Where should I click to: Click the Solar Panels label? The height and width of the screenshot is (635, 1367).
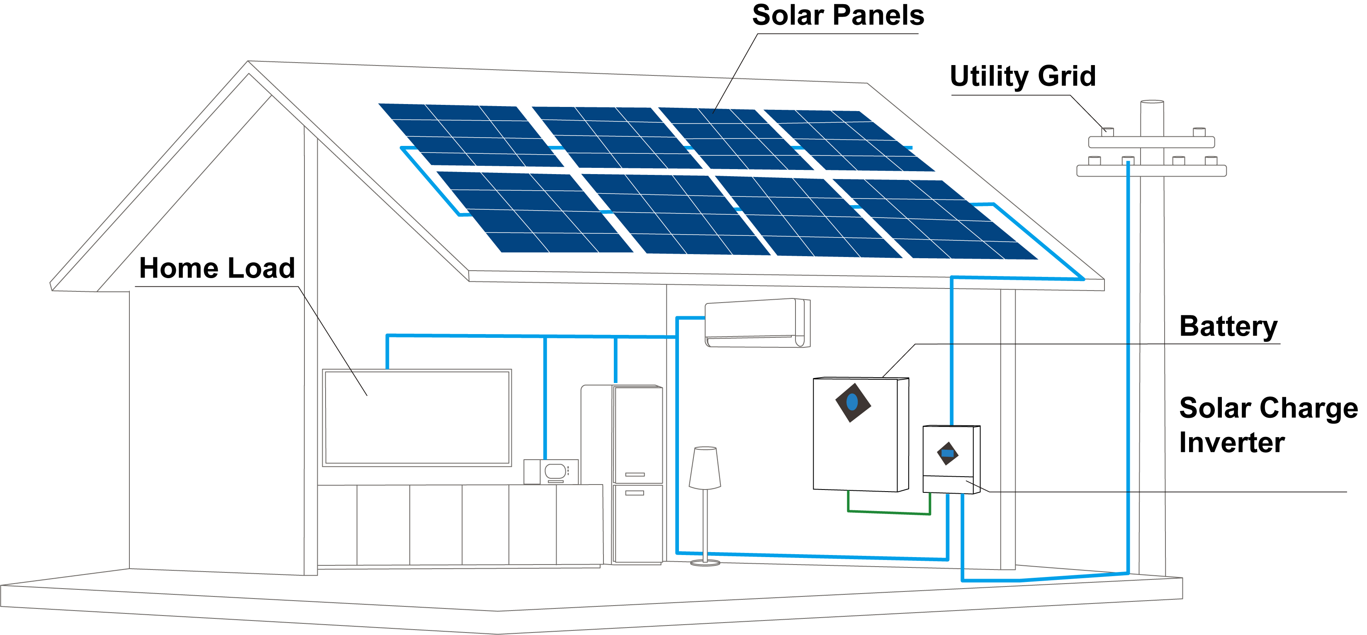point(837,16)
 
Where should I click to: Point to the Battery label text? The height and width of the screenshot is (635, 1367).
point(1228,326)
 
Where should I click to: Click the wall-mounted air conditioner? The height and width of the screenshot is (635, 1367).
point(757,323)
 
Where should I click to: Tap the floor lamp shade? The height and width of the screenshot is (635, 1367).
point(705,468)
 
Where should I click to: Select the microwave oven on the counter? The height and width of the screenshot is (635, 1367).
point(551,471)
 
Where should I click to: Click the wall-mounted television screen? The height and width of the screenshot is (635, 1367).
point(417,417)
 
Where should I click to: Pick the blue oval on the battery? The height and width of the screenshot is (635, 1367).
point(852,402)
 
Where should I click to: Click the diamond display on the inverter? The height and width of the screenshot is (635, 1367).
point(948,453)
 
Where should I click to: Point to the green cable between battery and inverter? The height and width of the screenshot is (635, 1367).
point(889,512)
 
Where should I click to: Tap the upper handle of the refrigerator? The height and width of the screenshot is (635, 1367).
point(635,474)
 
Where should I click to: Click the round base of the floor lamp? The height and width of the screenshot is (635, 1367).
point(705,563)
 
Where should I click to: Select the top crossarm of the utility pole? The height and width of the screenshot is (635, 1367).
point(1152,142)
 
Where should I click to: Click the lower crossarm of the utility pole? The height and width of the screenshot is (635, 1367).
point(1152,171)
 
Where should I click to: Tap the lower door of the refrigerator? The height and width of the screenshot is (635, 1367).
point(637,523)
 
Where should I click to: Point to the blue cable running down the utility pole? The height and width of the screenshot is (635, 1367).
point(1128,371)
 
